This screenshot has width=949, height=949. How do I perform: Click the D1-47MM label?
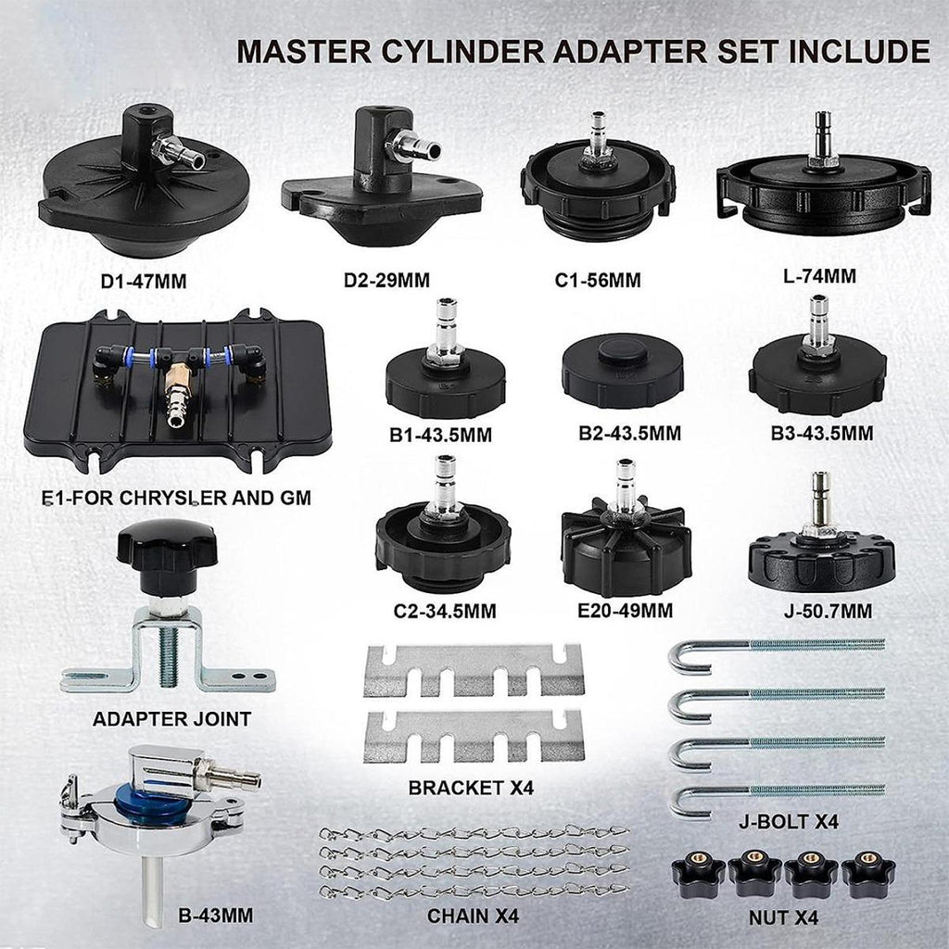[144, 282]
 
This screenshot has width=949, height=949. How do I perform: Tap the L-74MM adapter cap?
[823, 183]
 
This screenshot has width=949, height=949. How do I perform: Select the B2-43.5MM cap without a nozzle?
[623, 370]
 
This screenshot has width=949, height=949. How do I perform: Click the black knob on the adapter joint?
[167, 555]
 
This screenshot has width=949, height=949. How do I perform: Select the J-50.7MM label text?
[828, 612]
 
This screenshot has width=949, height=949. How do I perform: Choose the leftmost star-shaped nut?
[699, 875]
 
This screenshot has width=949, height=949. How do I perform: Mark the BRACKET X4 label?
[471, 788]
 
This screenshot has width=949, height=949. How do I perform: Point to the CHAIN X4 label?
[473, 917]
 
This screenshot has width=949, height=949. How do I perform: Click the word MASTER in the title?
[304, 52]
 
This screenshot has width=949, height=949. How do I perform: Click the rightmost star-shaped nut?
[868, 875]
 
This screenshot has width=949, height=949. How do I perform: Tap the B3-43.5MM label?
[822, 434]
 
